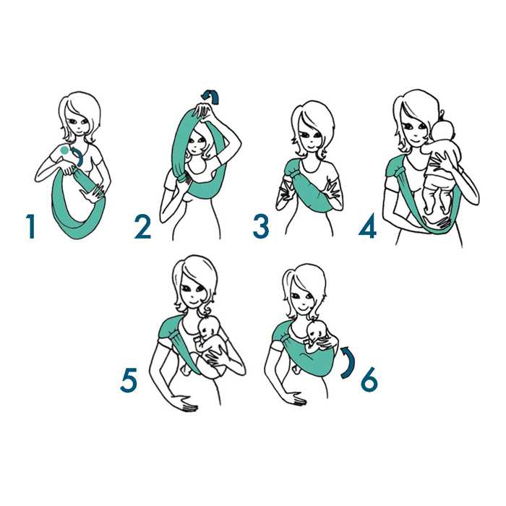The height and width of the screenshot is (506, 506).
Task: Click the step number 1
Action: click(31, 226)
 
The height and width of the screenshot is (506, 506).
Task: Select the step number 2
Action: click(142, 227)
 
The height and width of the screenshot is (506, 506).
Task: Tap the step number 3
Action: click(261, 227)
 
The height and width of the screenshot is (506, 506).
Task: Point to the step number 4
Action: click(367, 226)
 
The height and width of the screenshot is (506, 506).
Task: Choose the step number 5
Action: click(129, 380)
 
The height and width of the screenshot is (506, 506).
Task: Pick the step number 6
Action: click(369, 379)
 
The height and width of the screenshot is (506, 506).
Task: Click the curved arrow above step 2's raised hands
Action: click(211, 96)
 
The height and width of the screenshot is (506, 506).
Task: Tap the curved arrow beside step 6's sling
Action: click(348, 362)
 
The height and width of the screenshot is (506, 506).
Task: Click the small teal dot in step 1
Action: click(64, 150)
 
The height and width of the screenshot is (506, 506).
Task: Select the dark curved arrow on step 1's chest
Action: click(80, 157)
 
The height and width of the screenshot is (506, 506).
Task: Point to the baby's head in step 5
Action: click(208, 329)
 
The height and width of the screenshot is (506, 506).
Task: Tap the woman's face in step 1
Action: click(78, 124)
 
